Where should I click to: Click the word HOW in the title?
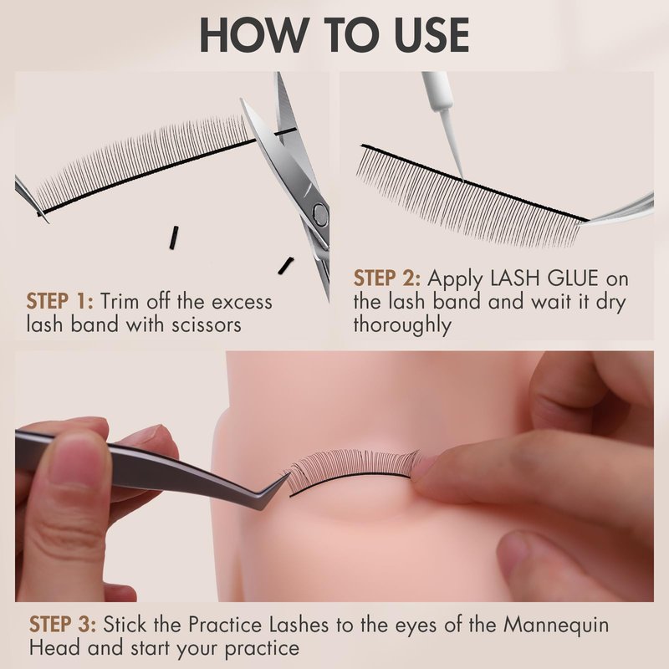tap(253, 35)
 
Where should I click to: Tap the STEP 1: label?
tap(59, 301)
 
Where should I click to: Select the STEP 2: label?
tap(386, 278)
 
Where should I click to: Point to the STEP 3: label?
tap(63, 625)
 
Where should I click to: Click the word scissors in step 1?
tap(207, 324)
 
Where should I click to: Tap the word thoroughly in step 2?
tap(402, 325)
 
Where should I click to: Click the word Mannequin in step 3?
tap(556, 626)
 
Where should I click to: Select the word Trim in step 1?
tap(120, 301)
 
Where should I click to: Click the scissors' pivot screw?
tap(320, 213)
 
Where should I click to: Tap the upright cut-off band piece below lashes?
tap(173, 237)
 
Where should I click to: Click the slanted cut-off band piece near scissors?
tap(285, 265)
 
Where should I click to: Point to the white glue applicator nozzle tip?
tap(462, 179)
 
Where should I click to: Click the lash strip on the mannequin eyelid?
tap(352, 472)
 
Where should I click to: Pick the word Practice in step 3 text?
tap(225, 625)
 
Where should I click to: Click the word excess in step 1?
tap(242, 301)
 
